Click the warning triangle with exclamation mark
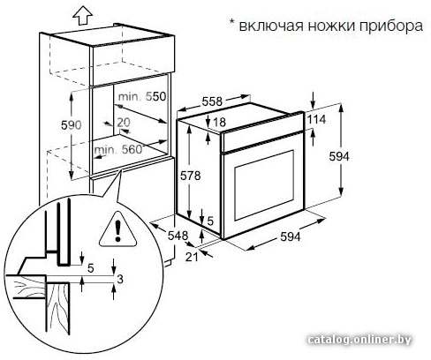[118, 229]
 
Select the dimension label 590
[71, 125]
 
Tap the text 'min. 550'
[142, 96]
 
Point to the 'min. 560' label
[118, 150]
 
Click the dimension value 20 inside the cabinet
[124, 123]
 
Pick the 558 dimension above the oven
[212, 101]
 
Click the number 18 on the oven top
[219, 122]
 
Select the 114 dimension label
[316, 119]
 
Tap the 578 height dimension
[190, 176]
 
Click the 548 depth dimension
[178, 236]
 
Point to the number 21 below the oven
[192, 257]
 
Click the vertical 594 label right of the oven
[339, 156]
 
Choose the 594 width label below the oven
[291, 236]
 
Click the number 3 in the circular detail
[120, 279]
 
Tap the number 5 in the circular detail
[91, 268]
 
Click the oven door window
[264, 185]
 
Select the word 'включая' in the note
[271, 26]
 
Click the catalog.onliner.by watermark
[359, 340]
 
